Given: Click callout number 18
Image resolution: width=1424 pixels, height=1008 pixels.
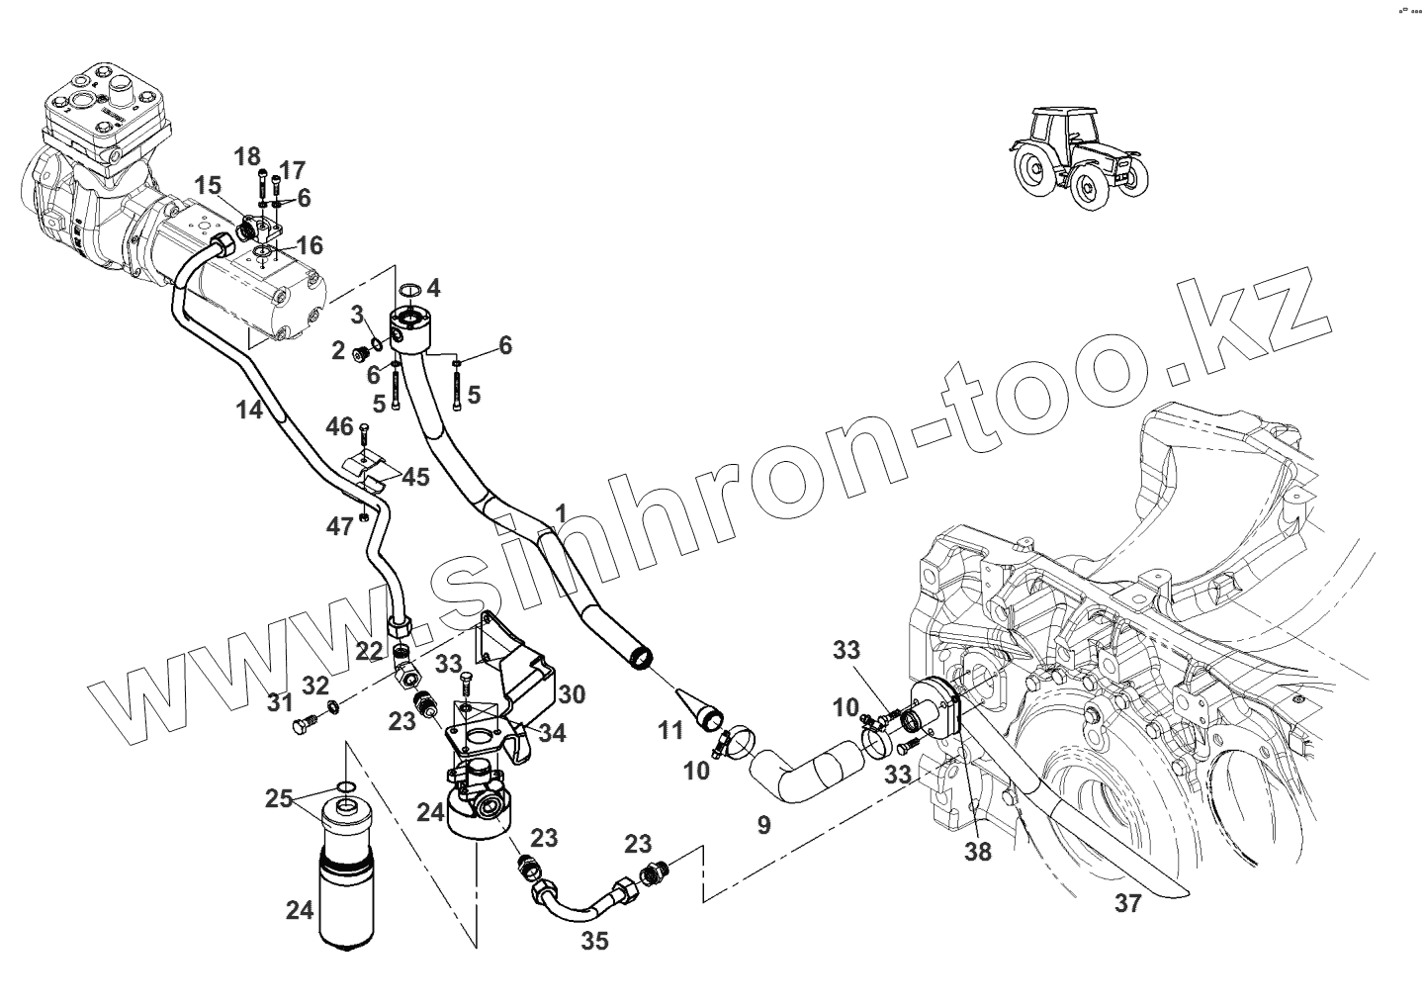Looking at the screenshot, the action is pos(247,155).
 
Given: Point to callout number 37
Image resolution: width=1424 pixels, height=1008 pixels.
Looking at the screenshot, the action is pos(1127,903).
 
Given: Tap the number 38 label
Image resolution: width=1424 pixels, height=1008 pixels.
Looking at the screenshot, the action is pos(977,850).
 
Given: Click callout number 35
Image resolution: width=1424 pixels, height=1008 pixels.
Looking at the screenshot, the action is pos(594,941).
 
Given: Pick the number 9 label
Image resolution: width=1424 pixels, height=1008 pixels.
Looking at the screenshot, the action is pos(763,825).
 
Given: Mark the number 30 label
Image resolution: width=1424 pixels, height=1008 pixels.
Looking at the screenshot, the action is pos(572,693).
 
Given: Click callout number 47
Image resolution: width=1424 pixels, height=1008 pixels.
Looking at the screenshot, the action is pos(340,527).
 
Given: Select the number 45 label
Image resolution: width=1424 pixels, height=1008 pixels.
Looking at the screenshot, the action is pos(415,477).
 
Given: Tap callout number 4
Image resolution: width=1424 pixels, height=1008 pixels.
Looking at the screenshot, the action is pos(433,288).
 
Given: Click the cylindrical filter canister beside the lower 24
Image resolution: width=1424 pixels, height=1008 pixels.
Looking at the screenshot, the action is pos(345,880).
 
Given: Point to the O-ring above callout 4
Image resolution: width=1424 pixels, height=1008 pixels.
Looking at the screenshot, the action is pos(409,291).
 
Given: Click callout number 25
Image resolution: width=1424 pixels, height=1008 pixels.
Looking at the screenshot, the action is pos(279,797).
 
